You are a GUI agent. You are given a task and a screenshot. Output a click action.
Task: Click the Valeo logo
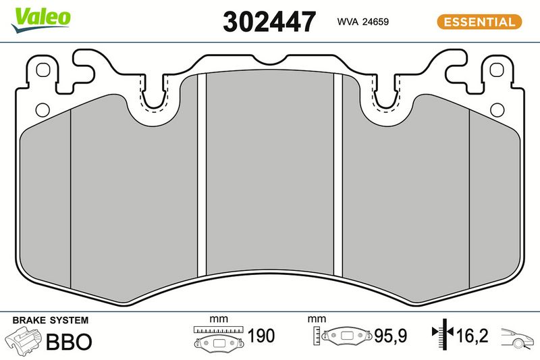41,20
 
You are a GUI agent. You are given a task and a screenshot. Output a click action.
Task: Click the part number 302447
269,22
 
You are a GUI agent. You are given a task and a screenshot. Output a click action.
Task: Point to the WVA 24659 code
362,22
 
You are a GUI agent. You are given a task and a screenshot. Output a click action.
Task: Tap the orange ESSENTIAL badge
479,22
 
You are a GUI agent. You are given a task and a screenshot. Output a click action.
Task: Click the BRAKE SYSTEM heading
50,320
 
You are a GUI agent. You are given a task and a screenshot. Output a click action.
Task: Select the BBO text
69,341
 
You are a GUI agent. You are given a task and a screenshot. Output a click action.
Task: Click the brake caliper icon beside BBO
24,340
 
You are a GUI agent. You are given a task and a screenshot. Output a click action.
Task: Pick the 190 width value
261,336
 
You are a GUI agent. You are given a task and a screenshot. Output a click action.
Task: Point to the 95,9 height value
391,336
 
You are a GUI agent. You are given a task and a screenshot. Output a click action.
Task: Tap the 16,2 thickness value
472,336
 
